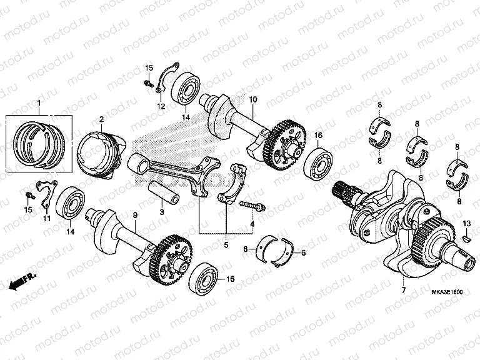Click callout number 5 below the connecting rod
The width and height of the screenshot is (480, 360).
(227, 237)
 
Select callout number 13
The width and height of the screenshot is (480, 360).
(466, 224)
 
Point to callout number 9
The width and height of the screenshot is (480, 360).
(134, 215)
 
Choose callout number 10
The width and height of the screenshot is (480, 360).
(253, 100)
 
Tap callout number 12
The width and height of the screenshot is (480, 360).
(161, 107)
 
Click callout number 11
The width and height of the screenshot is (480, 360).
(47, 219)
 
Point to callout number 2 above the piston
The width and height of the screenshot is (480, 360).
(101, 119)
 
